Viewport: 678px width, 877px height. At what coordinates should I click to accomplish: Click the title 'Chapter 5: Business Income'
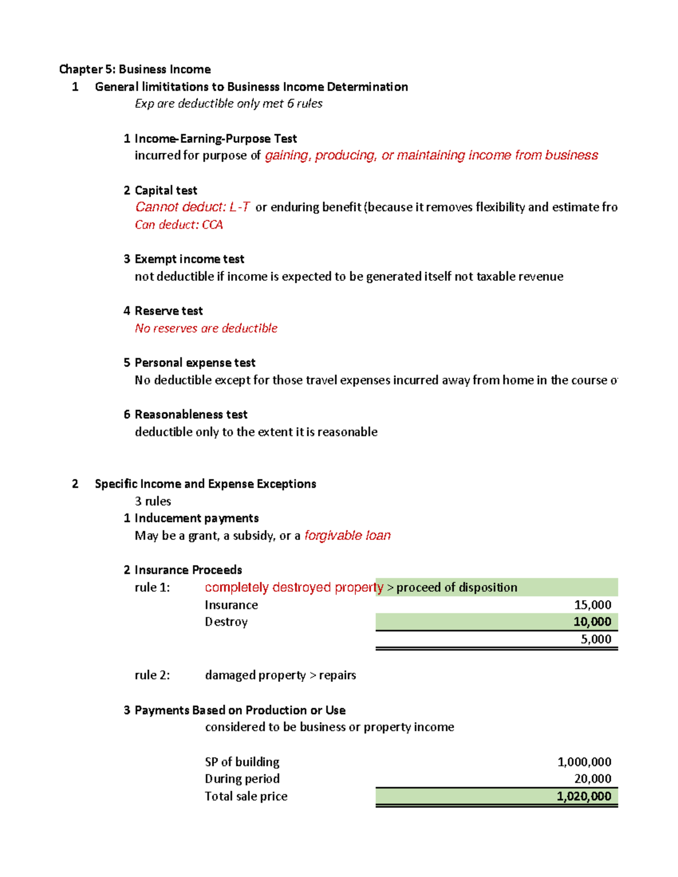click(134, 69)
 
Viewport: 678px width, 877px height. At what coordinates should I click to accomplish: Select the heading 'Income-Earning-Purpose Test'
click(215, 139)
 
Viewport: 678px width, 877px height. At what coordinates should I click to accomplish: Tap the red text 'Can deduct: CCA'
click(179, 225)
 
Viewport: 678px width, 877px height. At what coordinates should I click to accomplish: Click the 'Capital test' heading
click(166, 190)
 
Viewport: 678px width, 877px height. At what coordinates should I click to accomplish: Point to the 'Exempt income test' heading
click(189, 259)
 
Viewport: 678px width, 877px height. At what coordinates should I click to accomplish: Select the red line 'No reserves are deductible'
click(206, 329)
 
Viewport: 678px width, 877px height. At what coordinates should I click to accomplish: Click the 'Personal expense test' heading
click(195, 363)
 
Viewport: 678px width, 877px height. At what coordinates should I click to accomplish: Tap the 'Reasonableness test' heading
click(191, 414)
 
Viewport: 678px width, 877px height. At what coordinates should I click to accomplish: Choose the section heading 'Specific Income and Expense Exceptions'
click(205, 484)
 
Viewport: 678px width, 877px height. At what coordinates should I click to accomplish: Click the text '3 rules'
click(153, 501)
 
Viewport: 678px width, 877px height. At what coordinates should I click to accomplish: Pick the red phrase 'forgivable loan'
click(347, 535)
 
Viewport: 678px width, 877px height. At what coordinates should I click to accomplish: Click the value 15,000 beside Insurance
click(592, 605)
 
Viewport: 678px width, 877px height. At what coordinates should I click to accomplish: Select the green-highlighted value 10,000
click(592, 622)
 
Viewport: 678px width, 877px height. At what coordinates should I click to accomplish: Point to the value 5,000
click(596, 639)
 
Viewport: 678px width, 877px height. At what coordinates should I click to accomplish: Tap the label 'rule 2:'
click(152, 675)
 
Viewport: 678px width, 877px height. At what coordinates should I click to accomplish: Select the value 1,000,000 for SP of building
click(584, 762)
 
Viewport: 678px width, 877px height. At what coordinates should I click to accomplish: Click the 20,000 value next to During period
click(592, 779)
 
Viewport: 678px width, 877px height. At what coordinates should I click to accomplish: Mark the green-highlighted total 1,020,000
click(584, 796)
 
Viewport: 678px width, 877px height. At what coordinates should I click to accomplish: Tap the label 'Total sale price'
click(246, 796)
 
